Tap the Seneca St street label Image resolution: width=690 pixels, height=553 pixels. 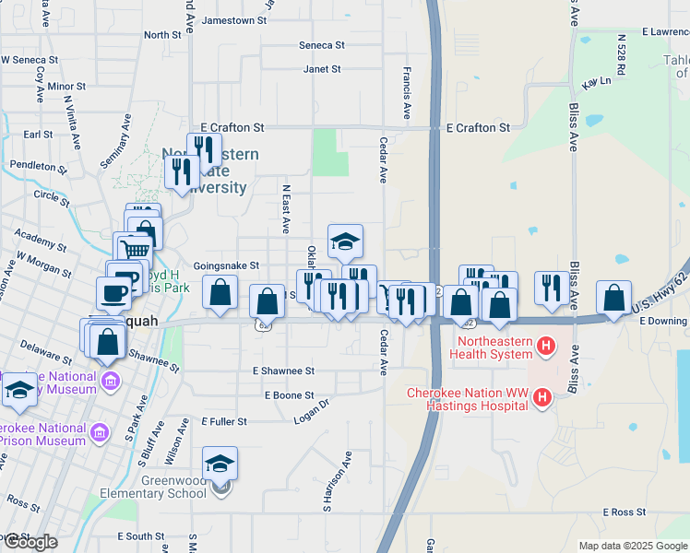pos(321,44)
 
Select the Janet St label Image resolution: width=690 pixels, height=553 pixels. pos(322,69)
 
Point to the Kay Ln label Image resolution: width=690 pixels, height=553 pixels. pos(597,81)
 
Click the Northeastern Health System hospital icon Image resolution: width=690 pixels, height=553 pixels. pos(547,347)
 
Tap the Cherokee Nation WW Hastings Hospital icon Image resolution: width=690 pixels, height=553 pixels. pos(542,397)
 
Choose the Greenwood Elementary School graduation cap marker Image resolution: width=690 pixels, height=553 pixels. pos(220,463)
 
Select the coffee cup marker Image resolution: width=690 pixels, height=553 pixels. pos(113,293)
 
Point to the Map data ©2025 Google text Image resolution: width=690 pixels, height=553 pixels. pos(633,546)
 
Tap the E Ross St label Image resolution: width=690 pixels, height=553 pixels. pos(625,512)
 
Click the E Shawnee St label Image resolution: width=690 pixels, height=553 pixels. pos(283,371)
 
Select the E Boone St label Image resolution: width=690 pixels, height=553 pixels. pos(289,395)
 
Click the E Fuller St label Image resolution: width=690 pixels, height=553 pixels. pos(224,421)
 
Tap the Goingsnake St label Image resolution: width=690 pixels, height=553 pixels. pos(226,265)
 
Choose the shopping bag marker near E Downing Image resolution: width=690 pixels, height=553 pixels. pos(613,298)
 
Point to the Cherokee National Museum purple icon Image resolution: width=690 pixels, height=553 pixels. pos(111,380)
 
